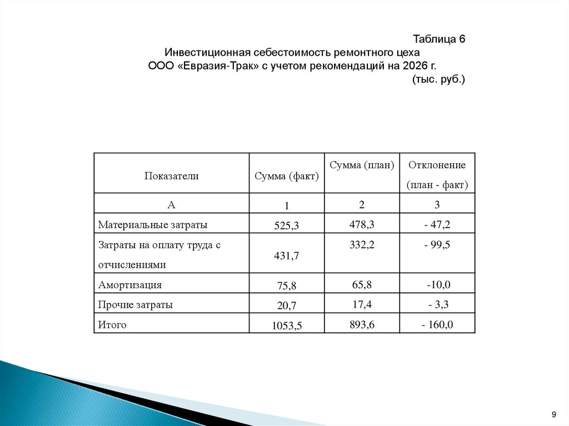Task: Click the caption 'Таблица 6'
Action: click(438, 39)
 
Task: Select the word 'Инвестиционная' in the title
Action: click(206, 53)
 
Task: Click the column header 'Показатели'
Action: click(172, 176)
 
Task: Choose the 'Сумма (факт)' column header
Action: click(287, 177)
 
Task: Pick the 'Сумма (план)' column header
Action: click(362, 165)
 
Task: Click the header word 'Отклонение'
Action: click(437, 165)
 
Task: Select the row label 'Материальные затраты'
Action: click(153, 225)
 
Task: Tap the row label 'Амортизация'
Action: click(130, 285)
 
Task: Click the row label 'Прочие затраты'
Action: click(136, 305)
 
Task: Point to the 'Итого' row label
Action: click(112, 325)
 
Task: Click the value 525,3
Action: click(287, 226)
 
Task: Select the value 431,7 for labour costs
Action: click(287, 256)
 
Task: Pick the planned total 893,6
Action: click(362, 325)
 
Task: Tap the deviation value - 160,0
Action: click(437, 325)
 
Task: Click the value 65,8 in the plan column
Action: click(362, 285)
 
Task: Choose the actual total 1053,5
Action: click(287, 326)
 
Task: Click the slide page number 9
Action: click(553, 415)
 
